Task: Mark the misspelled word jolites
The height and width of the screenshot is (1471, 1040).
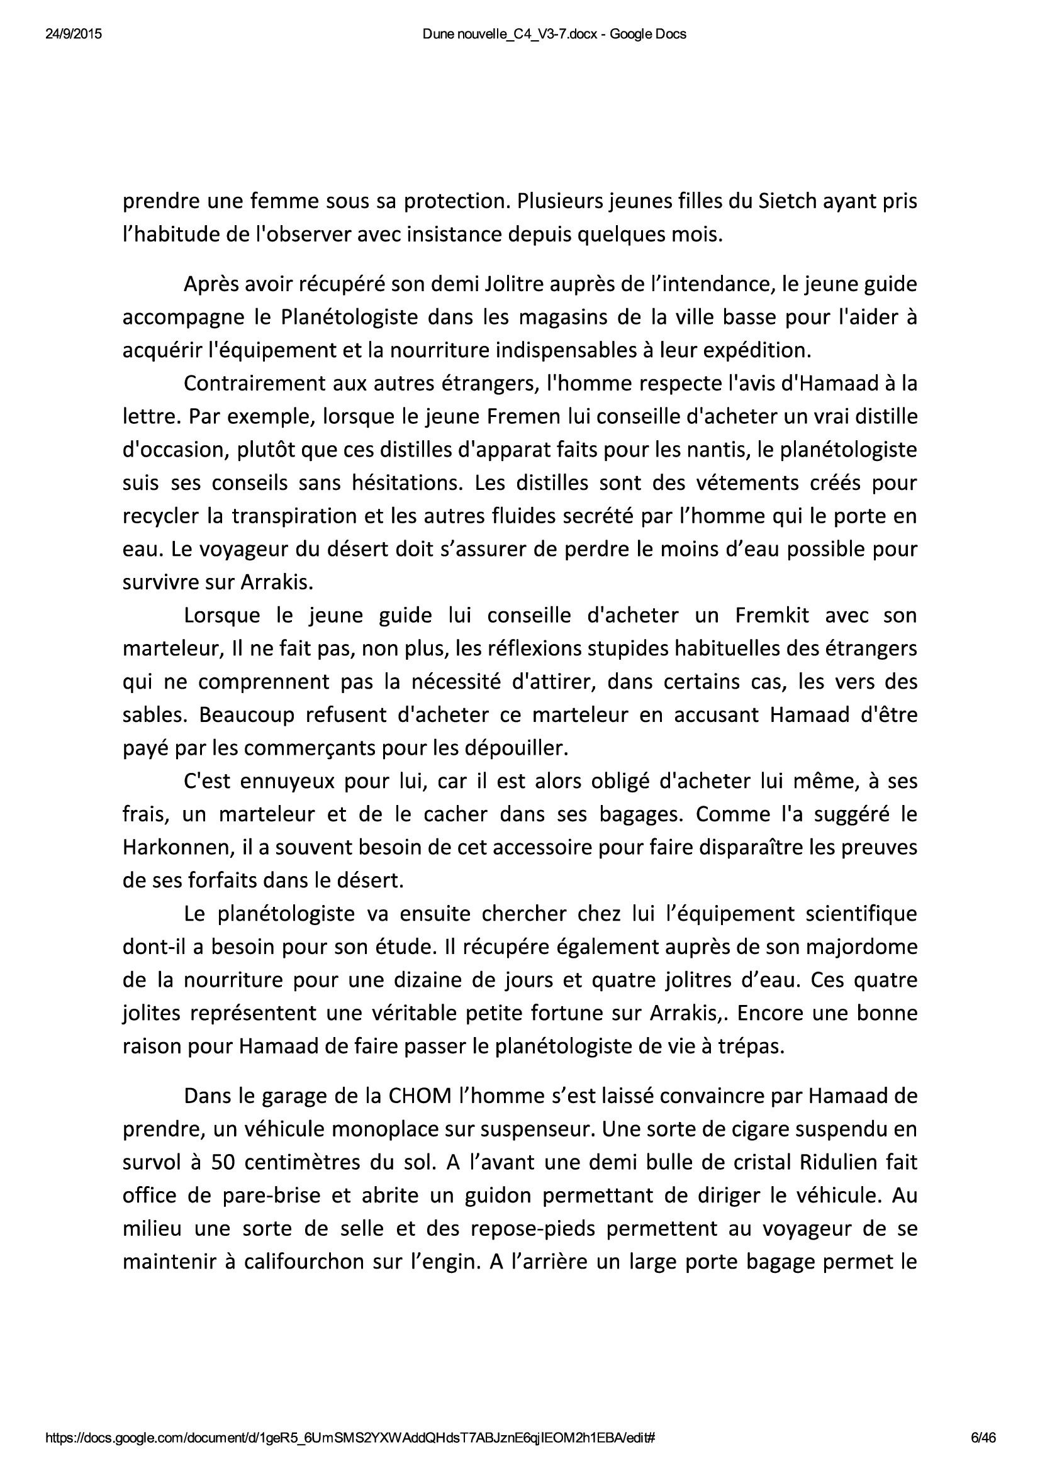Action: tap(151, 1013)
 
